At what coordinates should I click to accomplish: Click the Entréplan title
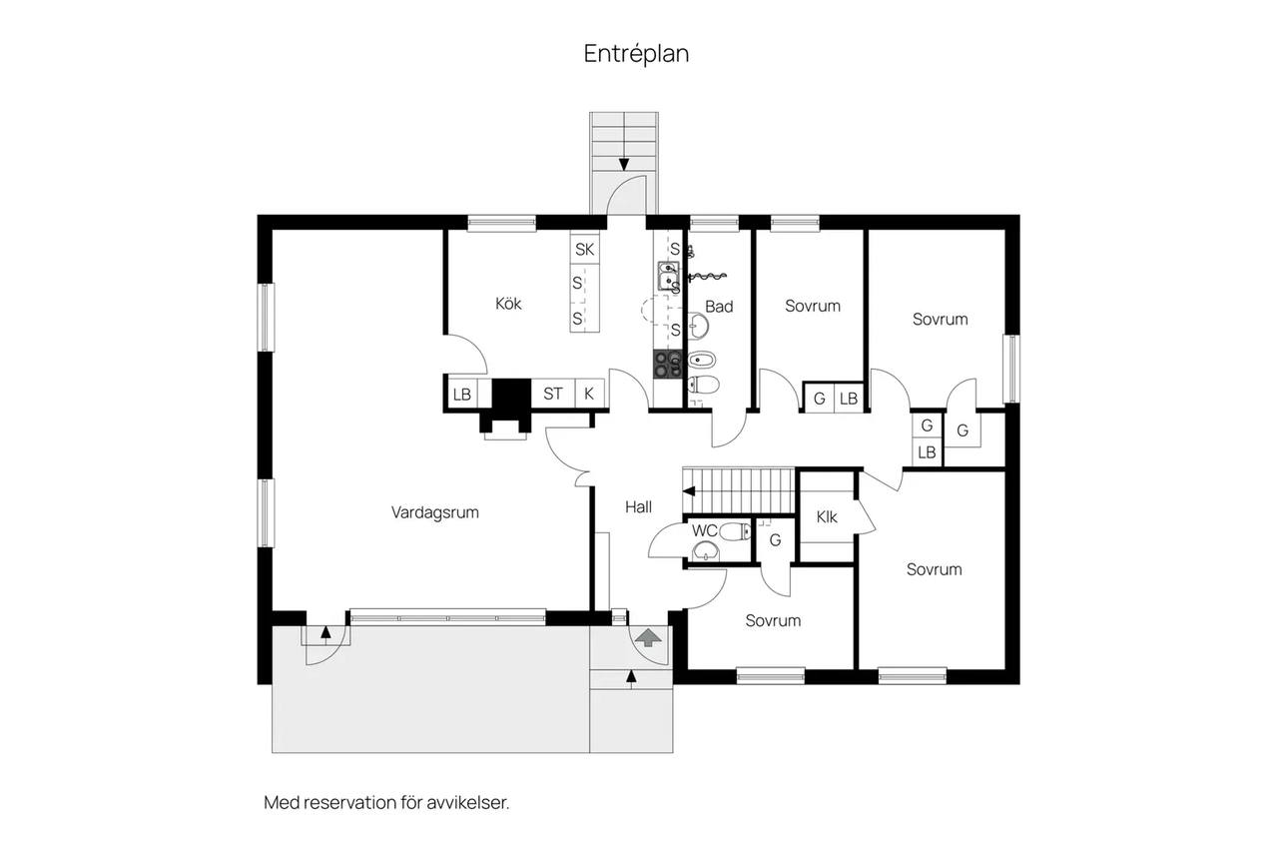(x=636, y=54)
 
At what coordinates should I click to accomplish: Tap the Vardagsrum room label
(x=434, y=512)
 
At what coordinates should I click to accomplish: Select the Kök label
(x=508, y=303)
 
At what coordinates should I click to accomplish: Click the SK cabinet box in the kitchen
(x=585, y=249)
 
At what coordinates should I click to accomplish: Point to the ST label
(x=553, y=394)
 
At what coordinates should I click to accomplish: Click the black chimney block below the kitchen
(x=511, y=394)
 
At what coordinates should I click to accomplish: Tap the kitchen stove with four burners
(x=668, y=365)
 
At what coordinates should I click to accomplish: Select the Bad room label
(x=719, y=307)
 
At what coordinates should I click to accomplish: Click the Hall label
(x=638, y=506)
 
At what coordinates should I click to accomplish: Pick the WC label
(x=705, y=530)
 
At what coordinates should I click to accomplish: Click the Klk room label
(x=827, y=517)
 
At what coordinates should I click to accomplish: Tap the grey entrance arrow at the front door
(x=648, y=637)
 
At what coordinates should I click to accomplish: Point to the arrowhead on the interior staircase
(x=689, y=490)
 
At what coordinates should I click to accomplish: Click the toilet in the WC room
(x=735, y=532)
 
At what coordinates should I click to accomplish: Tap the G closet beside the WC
(x=776, y=539)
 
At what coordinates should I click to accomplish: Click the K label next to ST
(x=589, y=394)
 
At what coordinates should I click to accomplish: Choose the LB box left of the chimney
(x=462, y=394)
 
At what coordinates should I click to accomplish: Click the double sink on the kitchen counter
(x=668, y=277)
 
